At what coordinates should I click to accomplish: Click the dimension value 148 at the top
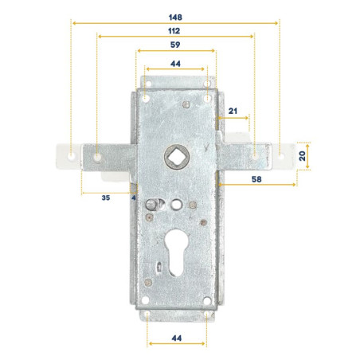pyautogui.click(x=174, y=16)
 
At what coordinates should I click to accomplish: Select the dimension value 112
pyautogui.click(x=174, y=29)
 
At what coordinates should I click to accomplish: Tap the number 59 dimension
pyautogui.click(x=174, y=45)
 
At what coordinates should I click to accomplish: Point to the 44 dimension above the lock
pyautogui.click(x=175, y=63)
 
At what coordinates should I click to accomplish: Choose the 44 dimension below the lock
pyautogui.click(x=176, y=338)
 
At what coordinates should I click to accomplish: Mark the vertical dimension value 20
pyautogui.click(x=303, y=155)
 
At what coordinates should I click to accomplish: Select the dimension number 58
pyautogui.click(x=256, y=179)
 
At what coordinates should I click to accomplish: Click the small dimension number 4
pyautogui.click(x=133, y=197)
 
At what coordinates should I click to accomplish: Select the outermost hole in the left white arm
pyautogui.click(x=70, y=156)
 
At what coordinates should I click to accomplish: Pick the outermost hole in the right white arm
pyautogui.click(x=280, y=156)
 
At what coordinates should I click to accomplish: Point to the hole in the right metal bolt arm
pyautogui.click(x=254, y=156)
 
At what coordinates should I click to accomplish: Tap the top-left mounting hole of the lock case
pyautogui.click(x=147, y=96)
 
